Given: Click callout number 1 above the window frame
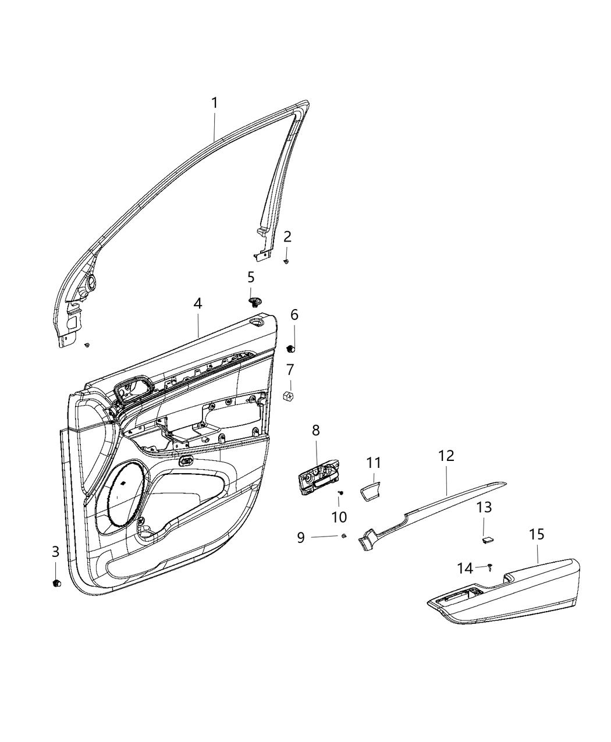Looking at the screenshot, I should click(215, 104).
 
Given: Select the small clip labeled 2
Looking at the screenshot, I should click(287, 262).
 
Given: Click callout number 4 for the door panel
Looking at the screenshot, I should click(198, 303).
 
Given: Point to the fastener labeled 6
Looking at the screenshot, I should click(292, 349).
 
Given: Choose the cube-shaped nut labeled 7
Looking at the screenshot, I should click(288, 396).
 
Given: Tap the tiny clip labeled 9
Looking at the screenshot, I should click(344, 536).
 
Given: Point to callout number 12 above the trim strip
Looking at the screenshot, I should click(446, 456).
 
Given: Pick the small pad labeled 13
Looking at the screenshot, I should click(487, 539).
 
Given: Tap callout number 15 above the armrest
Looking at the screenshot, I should click(536, 535).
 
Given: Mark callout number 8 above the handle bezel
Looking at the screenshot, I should click(316, 431).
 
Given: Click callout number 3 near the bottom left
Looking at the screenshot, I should click(55, 551).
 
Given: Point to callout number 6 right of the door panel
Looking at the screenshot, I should click(294, 315).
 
